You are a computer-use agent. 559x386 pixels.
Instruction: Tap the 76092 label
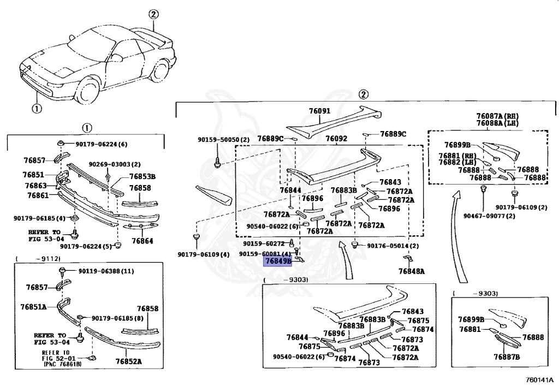336,139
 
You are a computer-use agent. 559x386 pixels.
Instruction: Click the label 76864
142,241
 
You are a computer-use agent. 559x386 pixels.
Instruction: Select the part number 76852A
128,361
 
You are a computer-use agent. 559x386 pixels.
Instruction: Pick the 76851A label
34,307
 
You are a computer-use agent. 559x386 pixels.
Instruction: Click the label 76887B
507,357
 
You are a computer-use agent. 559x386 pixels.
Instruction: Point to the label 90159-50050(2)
223,140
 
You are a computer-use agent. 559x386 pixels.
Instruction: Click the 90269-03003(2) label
115,164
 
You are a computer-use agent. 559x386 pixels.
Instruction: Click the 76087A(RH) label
497,116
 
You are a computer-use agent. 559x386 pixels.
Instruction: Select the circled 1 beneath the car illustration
36,108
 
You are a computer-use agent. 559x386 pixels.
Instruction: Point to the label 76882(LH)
457,163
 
